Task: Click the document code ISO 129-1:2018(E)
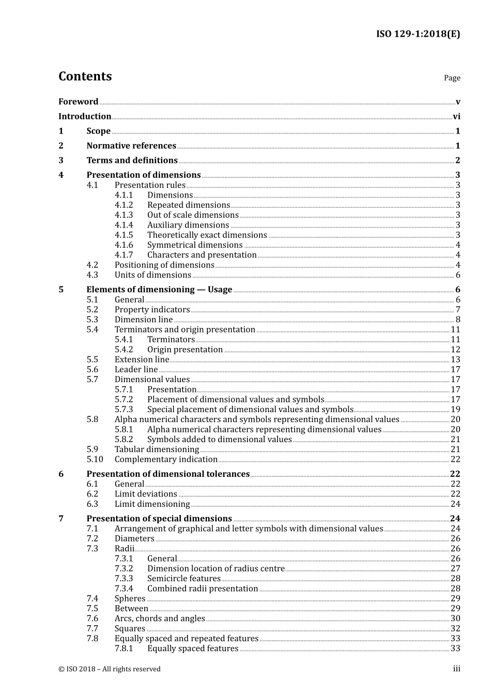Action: click(418, 34)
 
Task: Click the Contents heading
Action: click(85, 76)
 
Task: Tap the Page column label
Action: click(452, 78)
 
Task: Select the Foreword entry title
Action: click(78, 102)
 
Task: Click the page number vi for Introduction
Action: click(456, 117)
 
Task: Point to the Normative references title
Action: click(131, 146)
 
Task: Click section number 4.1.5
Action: click(124, 235)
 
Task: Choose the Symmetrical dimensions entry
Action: click(195, 245)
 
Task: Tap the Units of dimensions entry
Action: click(153, 275)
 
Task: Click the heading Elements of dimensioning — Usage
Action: click(159, 290)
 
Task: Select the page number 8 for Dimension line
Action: click(457, 320)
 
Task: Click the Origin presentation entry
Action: click(185, 350)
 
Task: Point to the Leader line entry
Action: click(136, 369)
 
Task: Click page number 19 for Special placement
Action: click(455, 410)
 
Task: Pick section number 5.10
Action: click(95, 459)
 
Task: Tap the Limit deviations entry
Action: click(146, 494)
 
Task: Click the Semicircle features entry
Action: click(183, 579)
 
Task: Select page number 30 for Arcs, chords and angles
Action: click(455, 618)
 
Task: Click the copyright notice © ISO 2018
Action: click(109, 669)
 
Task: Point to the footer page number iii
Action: click(456, 669)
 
